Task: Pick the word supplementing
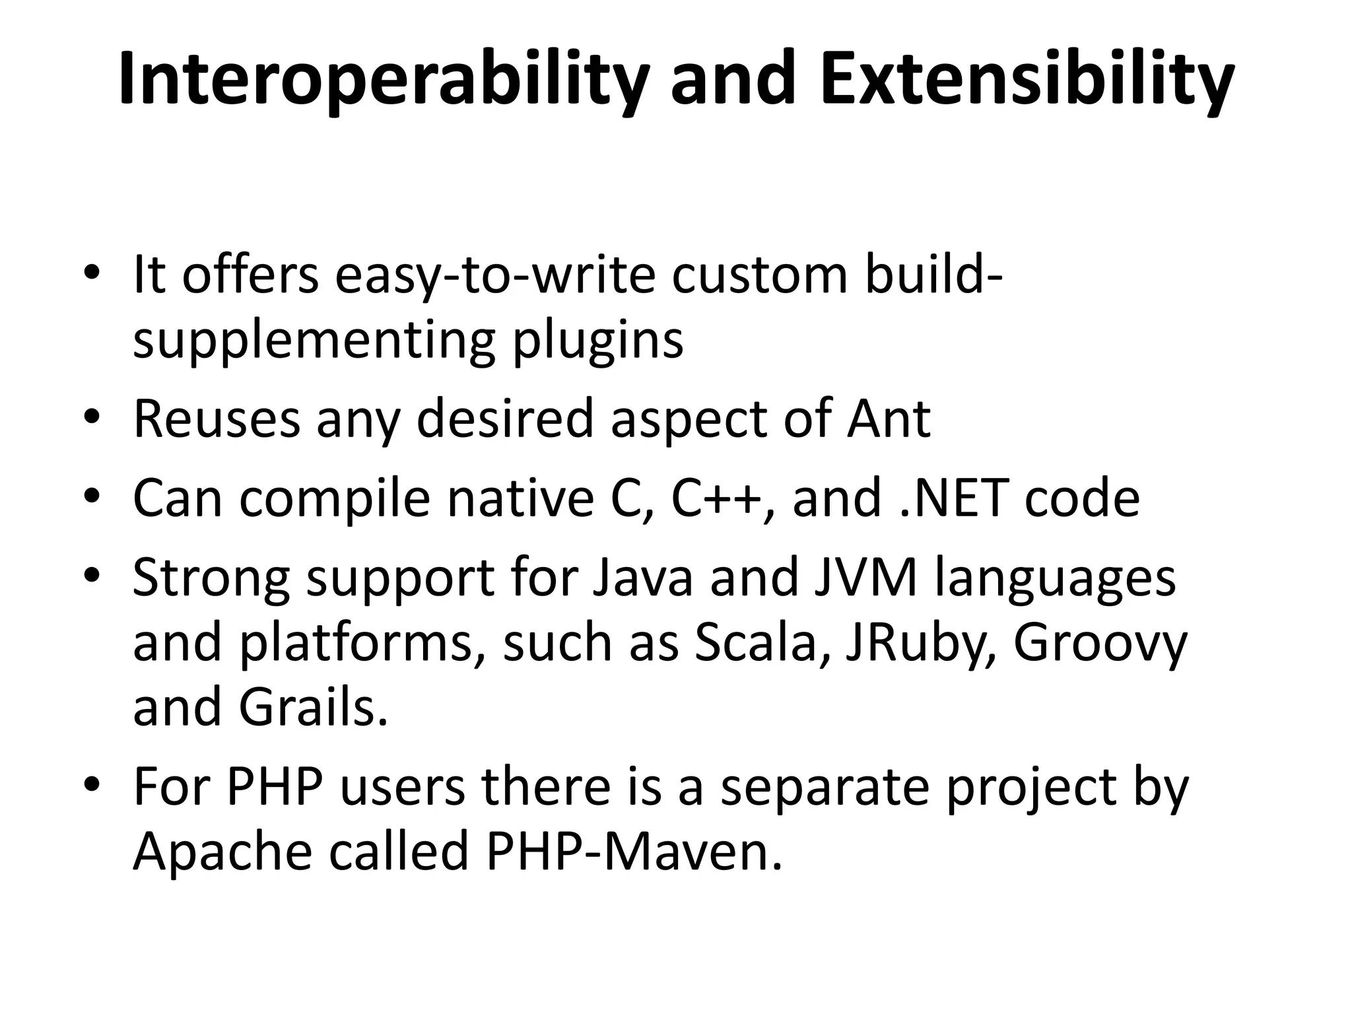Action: tap(313, 342)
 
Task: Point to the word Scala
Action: tap(755, 643)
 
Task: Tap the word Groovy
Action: tap(1100, 643)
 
